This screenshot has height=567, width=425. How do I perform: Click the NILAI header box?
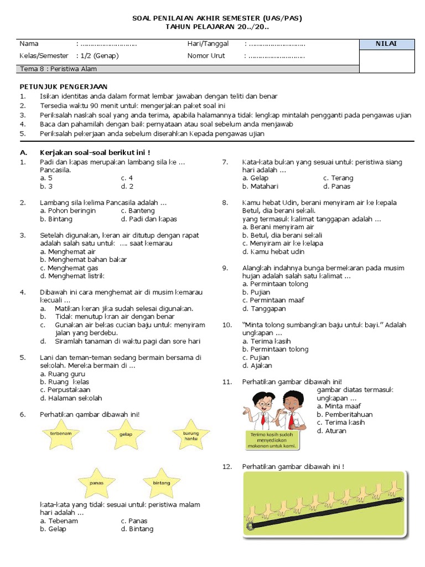click(386, 44)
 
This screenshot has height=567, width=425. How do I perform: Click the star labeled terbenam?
click(60, 434)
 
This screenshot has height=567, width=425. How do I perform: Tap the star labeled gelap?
click(126, 434)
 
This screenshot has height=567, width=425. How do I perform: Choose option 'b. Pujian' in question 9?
click(256, 292)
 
